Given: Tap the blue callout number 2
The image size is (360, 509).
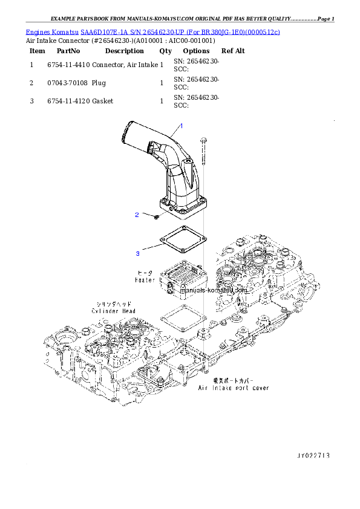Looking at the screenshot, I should [x=137, y=215].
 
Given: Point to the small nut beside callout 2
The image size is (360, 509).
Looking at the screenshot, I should [x=156, y=215].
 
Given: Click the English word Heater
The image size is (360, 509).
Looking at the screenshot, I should [x=145, y=280].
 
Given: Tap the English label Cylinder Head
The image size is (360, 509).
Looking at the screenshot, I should [x=114, y=311].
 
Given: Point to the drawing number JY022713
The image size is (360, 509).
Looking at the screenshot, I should [x=313, y=455].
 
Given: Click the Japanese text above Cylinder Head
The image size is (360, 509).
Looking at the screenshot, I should [x=114, y=303].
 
